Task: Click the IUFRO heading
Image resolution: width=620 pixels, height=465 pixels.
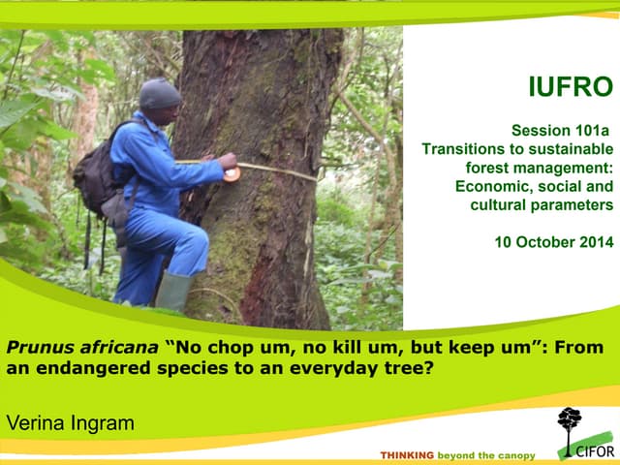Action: click(x=570, y=88)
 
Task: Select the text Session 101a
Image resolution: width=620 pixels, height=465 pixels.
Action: click(x=562, y=131)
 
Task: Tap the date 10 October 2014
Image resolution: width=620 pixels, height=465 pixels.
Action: click(x=553, y=242)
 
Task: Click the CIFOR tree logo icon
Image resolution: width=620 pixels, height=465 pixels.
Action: click(x=570, y=426)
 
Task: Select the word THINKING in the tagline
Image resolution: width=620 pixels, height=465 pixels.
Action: click(x=406, y=454)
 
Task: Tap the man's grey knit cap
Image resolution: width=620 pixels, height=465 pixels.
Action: click(x=160, y=94)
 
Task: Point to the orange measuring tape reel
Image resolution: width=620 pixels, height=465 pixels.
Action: click(x=231, y=174)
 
